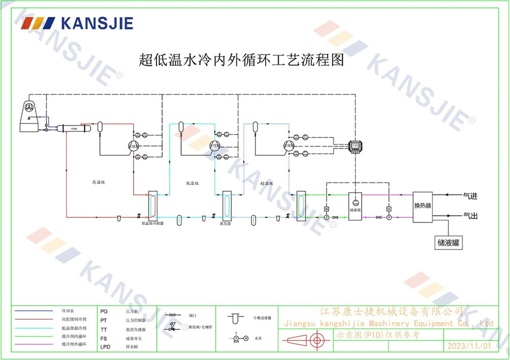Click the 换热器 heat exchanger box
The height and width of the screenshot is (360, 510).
point(422,205)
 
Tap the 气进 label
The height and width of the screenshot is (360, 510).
point(470,195)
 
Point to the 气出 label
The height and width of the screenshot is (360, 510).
point(470,216)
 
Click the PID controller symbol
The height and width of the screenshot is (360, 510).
point(355,147)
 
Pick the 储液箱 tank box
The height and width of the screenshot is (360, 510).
point(355,206)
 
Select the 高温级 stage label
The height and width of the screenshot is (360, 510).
point(98,182)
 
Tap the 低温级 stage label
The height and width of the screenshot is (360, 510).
point(193,183)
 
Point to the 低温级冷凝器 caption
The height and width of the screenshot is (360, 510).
point(152,223)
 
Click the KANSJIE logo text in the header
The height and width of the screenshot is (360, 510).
point(96,23)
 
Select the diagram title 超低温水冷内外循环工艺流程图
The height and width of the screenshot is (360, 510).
point(241,60)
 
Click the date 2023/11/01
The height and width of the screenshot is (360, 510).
point(469,346)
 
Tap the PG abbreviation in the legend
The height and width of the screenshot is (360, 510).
point(104,310)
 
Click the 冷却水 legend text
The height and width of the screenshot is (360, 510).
point(68,311)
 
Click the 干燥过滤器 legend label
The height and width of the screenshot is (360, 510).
point(262,317)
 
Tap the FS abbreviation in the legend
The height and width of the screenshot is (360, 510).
point(104,338)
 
